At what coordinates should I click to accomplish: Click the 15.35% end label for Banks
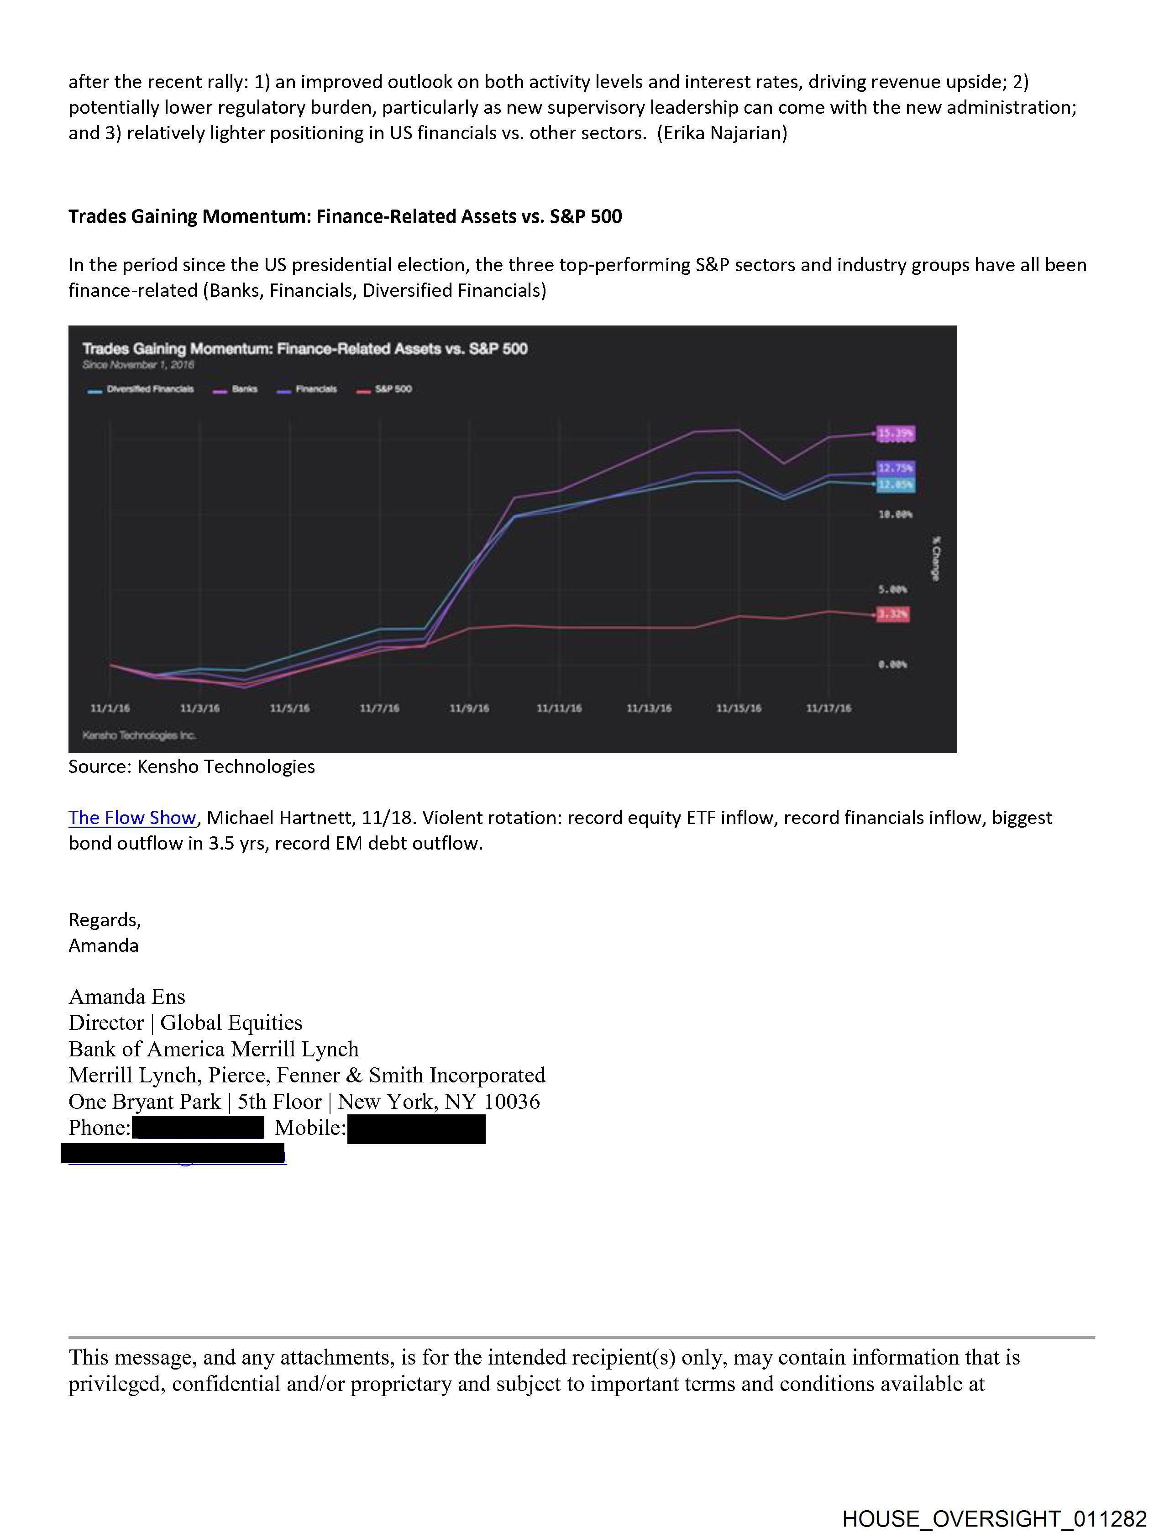pyautogui.click(x=896, y=434)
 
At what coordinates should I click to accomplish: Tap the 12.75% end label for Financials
pyautogui.click(x=896, y=468)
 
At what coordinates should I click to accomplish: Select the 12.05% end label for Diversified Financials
pyautogui.click(x=896, y=485)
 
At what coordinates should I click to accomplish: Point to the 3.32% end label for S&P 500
pyautogui.click(x=893, y=614)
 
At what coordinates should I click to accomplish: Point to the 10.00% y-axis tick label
pyautogui.click(x=896, y=514)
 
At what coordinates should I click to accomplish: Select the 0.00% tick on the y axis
pyautogui.click(x=893, y=665)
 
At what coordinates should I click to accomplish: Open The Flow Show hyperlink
pyautogui.click(x=132, y=818)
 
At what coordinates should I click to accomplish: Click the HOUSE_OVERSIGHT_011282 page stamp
pyautogui.click(x=994, y=1518)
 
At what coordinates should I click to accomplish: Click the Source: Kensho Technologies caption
pyautogui.click(x=191, y=766)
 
